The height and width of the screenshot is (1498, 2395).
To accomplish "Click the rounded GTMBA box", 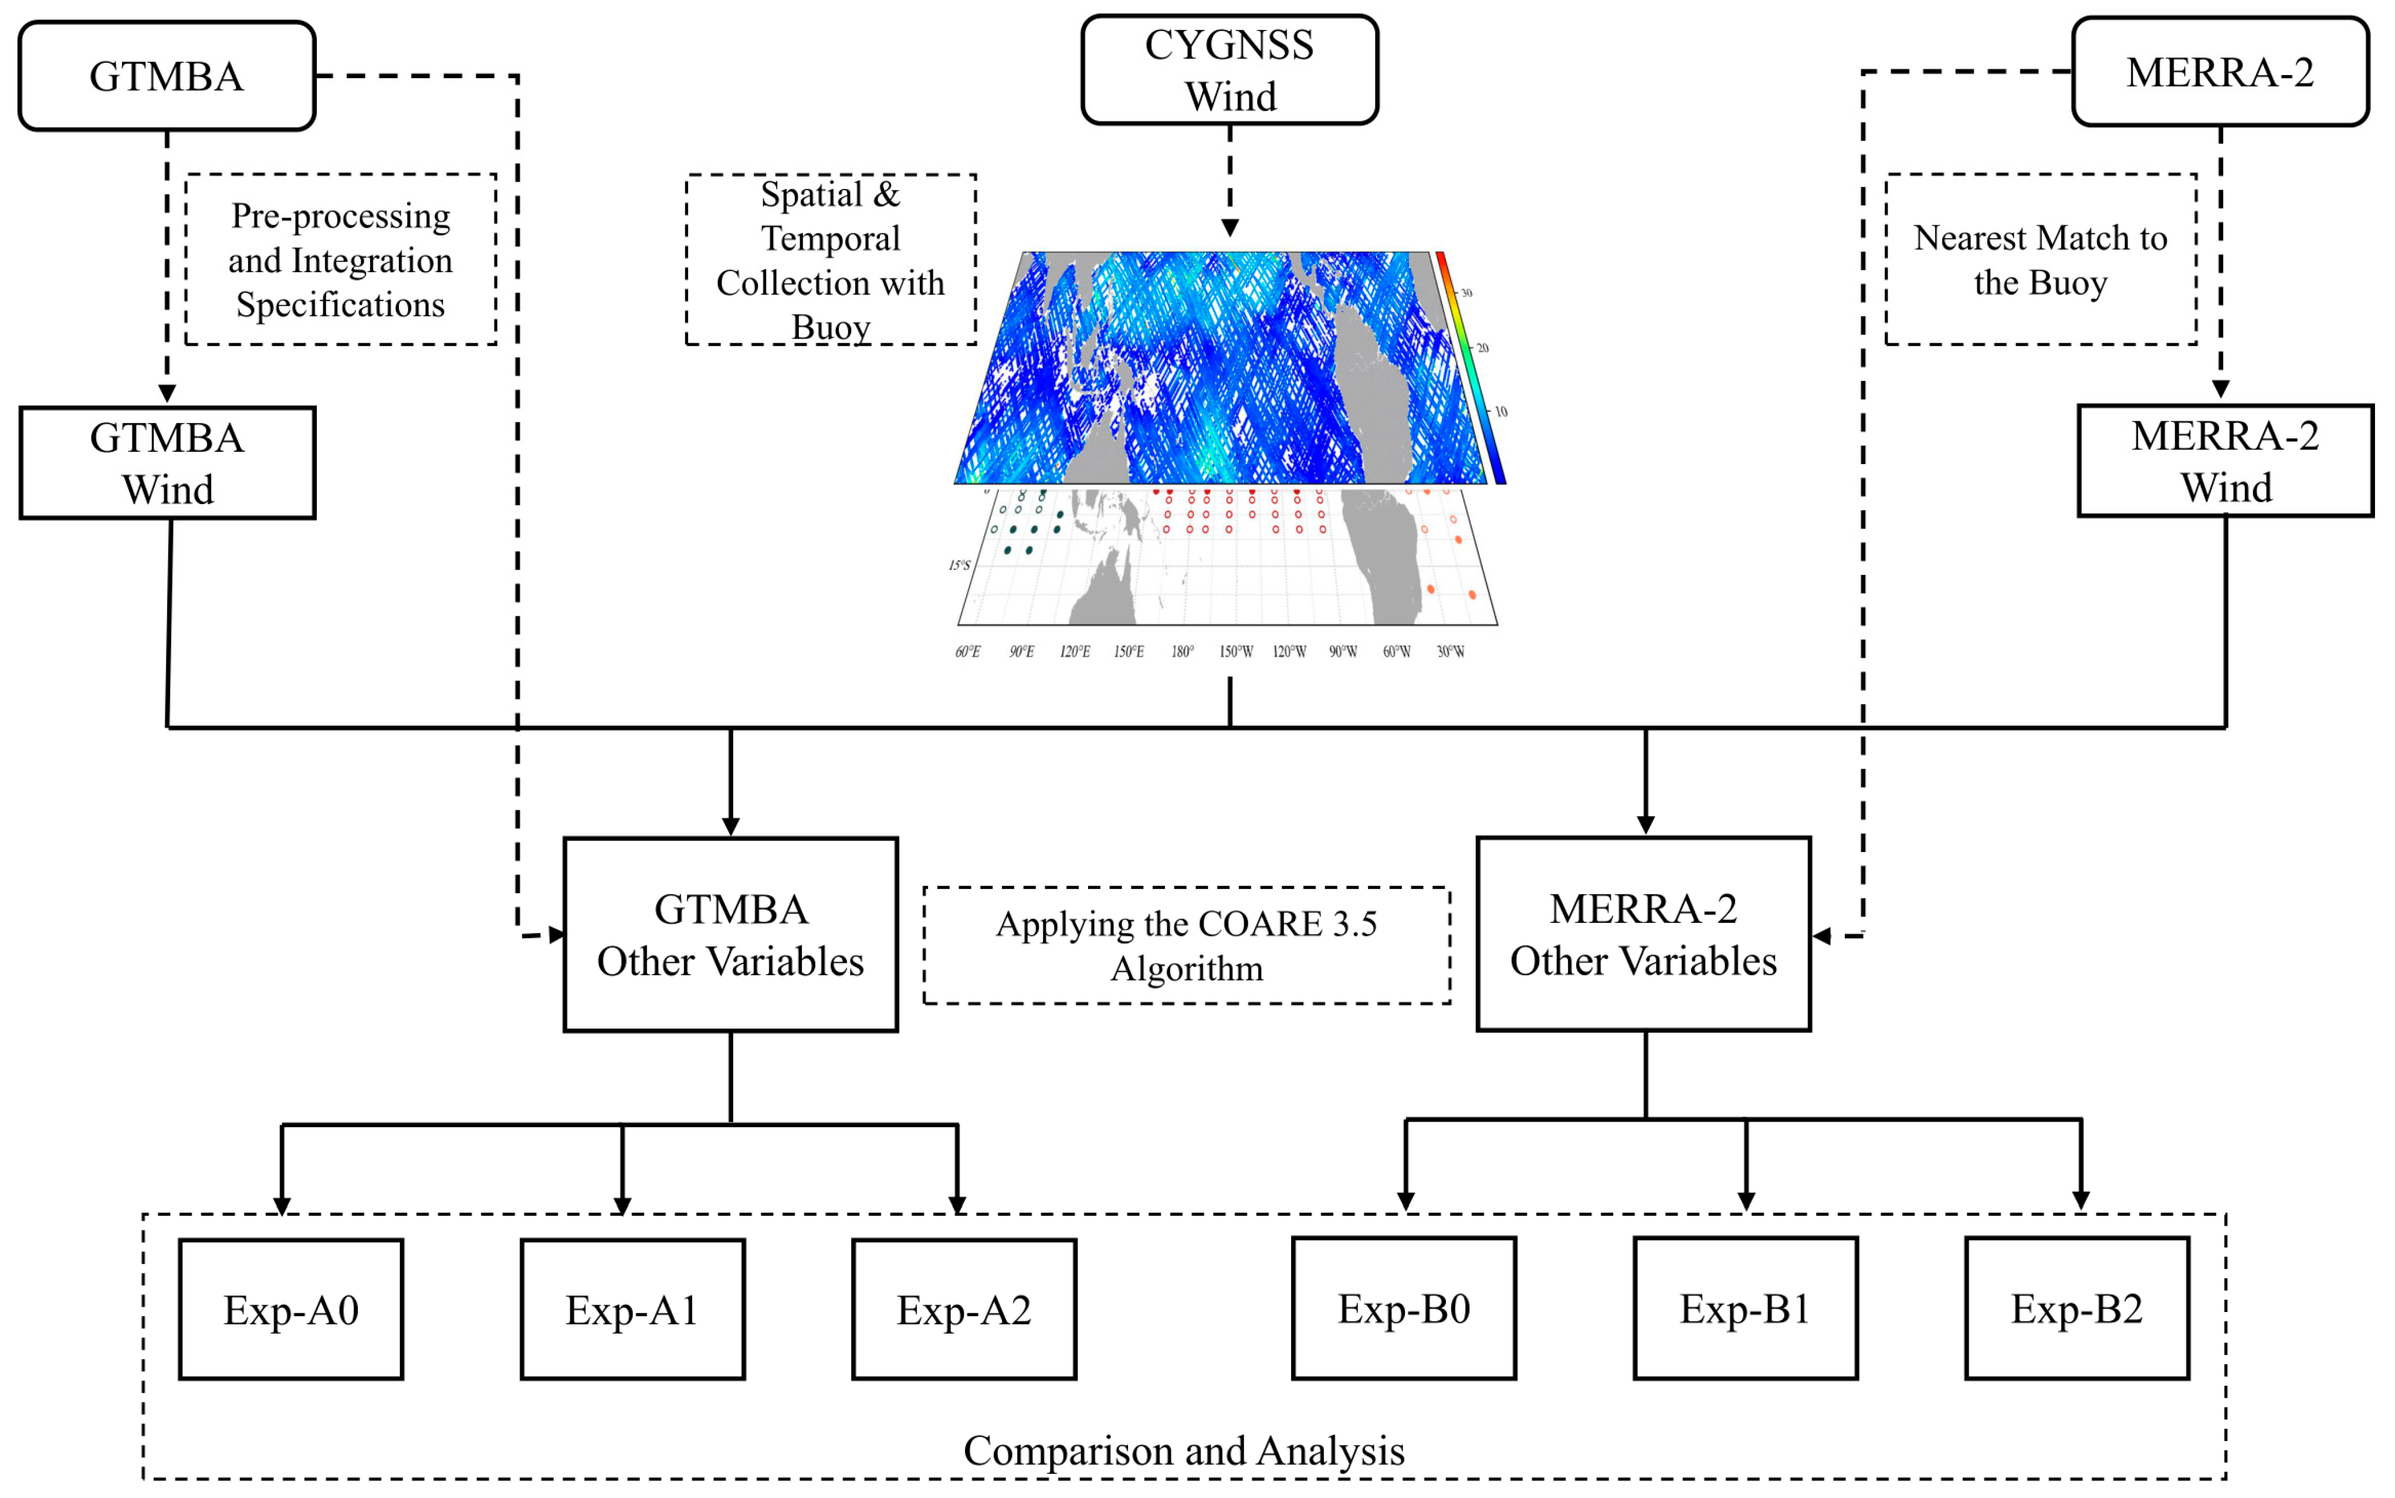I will [167, 76].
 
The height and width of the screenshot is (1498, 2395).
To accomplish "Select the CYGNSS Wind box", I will [1229, 69].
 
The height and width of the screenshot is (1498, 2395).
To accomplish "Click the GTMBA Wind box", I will [167, 463].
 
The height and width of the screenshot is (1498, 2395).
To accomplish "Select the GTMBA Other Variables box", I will [730, 934].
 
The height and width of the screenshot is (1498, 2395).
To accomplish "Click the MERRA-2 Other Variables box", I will [1642, 934].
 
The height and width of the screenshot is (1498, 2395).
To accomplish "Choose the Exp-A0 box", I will [290, 1308].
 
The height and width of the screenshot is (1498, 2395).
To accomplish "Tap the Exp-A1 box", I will [632, 1308].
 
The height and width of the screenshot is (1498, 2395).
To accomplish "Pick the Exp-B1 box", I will [1744, 1308].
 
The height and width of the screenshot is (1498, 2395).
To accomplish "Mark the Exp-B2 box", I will [2076, 1308].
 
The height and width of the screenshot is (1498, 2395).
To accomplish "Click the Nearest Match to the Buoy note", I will [2040, 259].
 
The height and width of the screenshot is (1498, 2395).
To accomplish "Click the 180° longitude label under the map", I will [1181, 651].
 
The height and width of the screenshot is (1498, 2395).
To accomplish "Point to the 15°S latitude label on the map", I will [959, 564].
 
